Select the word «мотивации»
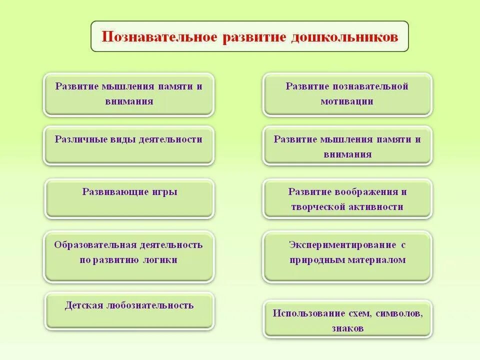tap(347, 101)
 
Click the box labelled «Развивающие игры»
tap(129, 198)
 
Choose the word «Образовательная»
tap(95, 245)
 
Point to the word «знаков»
tap(347, 328)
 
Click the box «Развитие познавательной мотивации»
tap(347, 94)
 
